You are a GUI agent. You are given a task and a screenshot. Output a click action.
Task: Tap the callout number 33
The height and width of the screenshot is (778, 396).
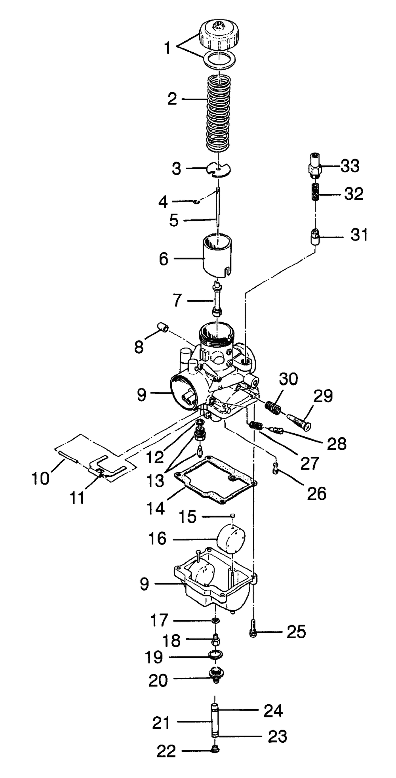(x=350, y=166)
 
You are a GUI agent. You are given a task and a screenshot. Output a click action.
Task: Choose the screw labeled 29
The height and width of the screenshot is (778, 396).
(x=301, y=421)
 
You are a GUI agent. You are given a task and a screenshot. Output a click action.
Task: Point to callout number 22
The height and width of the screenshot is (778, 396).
(x=166, y=751)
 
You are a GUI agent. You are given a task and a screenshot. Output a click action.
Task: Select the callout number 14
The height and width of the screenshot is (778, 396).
(x=156, y=508)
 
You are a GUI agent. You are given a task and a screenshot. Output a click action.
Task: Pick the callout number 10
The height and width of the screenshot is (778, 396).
(x=40, y=478)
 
